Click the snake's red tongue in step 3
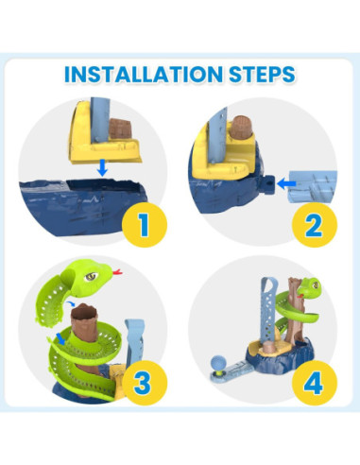coord(116,275)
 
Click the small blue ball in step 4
coord(216,360)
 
